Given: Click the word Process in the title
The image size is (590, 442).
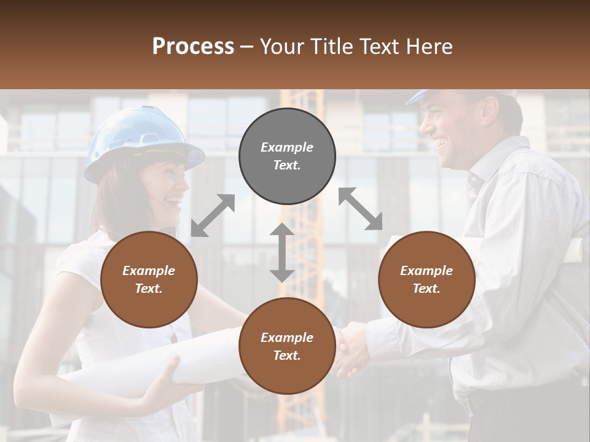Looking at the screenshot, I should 193,47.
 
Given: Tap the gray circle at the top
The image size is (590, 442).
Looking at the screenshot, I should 287,156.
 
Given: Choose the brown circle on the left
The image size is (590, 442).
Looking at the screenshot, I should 149,279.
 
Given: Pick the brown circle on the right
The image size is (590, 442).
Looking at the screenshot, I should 427,279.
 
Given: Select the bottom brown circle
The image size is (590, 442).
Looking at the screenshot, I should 287,346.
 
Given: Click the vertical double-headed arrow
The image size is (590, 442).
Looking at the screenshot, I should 282,252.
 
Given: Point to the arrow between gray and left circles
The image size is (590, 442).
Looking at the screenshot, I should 213,215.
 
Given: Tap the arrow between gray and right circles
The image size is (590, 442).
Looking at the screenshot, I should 361,209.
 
